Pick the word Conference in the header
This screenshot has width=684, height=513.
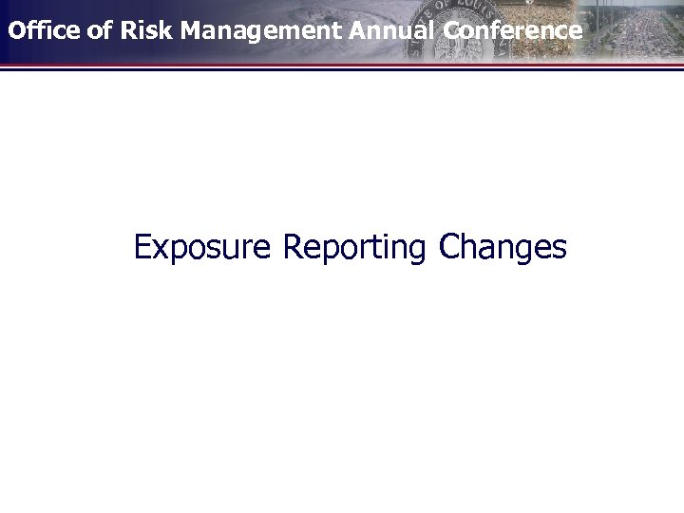click(x=512, y=30)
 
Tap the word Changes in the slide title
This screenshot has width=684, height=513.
click(x=503, y=248)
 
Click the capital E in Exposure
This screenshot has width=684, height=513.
click(x=142, y=247)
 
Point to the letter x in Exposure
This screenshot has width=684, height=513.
click(x=158, y=251)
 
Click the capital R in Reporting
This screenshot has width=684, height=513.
click(x=292, y=247)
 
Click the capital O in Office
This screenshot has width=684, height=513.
click(x=16, y=30)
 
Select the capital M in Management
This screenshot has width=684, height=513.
click(x=192, y=30)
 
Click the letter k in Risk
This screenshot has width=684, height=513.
click(x=166, y=30)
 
